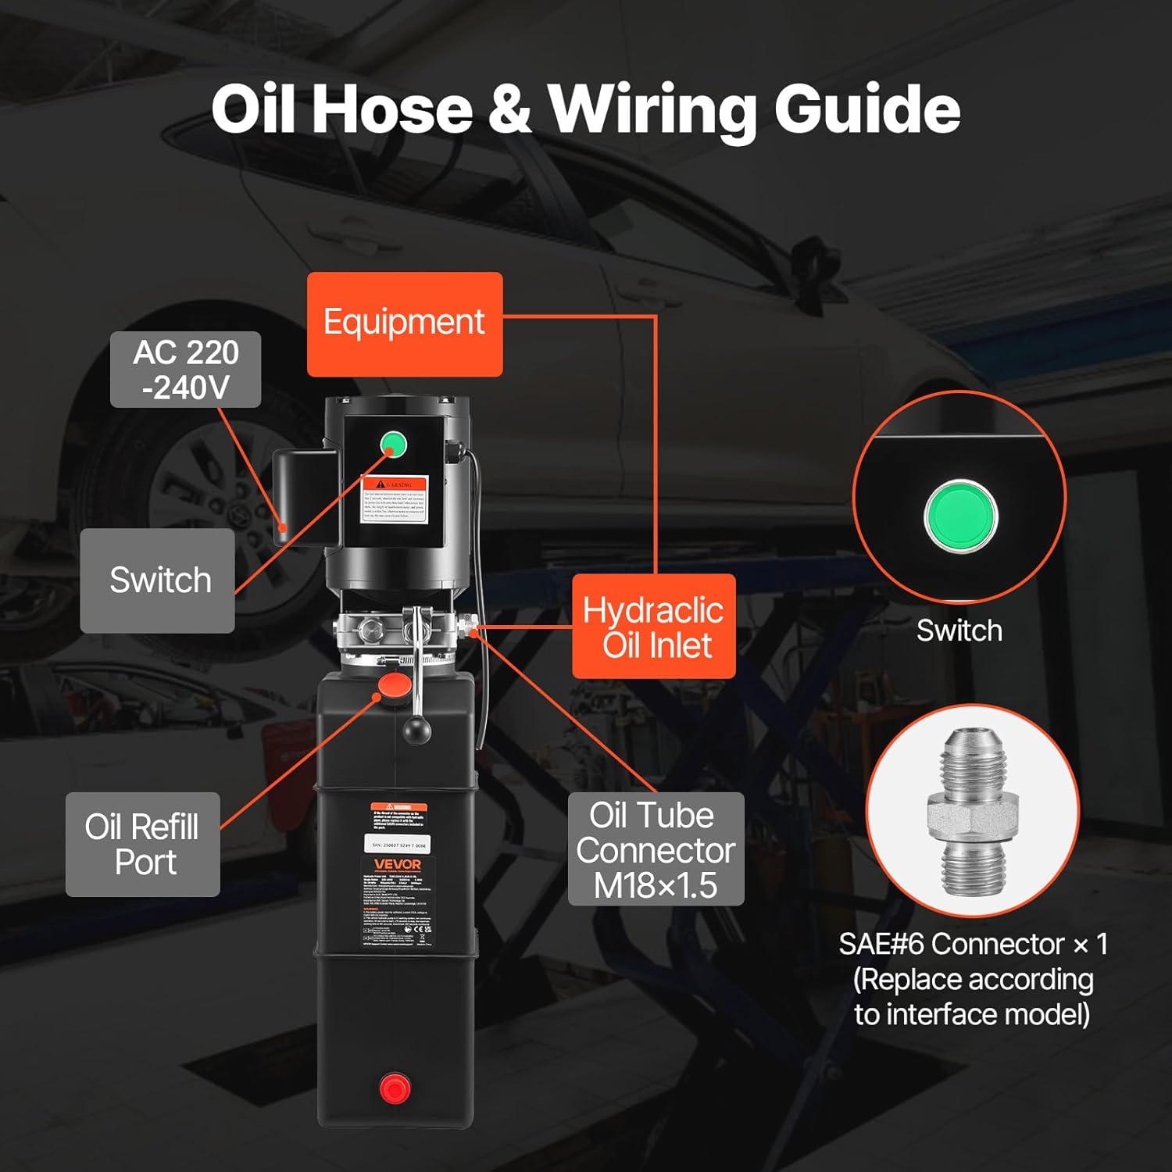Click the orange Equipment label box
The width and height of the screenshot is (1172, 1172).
[x=404, y=323]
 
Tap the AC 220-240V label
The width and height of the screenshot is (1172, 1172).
[x=185, y=370]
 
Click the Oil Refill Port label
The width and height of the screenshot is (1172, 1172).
[x=142, y=844]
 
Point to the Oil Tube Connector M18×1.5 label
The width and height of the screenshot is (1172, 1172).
[x=656, y=849]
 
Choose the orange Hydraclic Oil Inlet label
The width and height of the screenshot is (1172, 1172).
[x=654, y=627]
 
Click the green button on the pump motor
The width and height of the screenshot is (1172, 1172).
[x=393, y=445]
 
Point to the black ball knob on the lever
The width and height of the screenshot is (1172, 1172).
[x=416, y=731]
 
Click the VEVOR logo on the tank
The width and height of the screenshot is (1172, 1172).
[x=398, y=864]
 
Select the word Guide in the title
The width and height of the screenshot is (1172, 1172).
[x=867, y=109]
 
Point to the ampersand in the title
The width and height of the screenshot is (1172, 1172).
[x=509, y=109]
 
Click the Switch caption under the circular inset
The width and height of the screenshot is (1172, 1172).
[x=959, y=631]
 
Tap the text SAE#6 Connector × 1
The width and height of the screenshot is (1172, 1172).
[x=973, y=944]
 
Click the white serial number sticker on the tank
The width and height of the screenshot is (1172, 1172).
[x=398, y=845]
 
